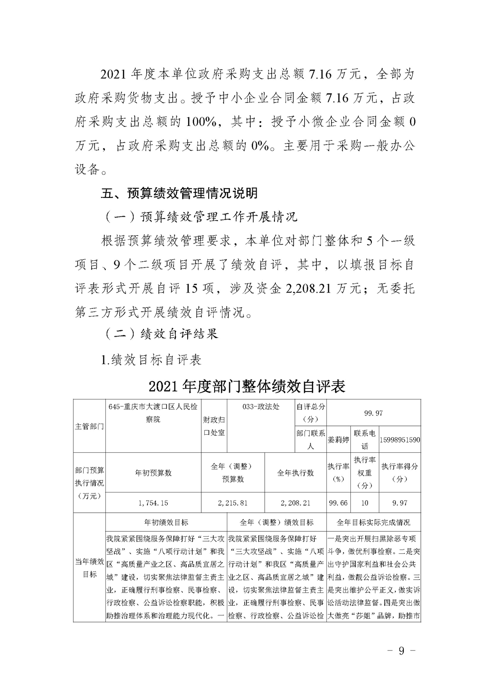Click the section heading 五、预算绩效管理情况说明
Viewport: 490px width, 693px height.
click(179, 193)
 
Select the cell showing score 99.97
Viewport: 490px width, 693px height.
click(374, 413)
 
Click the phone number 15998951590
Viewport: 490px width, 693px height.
click(400, 440)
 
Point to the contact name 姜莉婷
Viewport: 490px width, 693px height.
click(338, 440)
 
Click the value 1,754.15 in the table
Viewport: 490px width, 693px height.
click(153, 503)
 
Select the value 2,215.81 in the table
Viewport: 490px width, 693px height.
click(233, 503)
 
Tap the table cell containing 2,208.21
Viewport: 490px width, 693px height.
click(295, 503)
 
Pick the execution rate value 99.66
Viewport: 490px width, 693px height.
click(339, 503)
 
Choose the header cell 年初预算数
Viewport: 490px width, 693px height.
click(153, 473)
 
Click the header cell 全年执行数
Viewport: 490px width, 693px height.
click(295, 473)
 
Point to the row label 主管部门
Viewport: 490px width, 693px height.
click(90, 426)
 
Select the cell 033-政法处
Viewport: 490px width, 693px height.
click(261, 407)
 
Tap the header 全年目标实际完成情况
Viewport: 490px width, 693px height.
click(374, 522)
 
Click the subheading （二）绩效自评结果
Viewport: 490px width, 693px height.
click(159, 334)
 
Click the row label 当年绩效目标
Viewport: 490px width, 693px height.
click(90, 568)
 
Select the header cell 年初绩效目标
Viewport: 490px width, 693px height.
click(167, 522)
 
